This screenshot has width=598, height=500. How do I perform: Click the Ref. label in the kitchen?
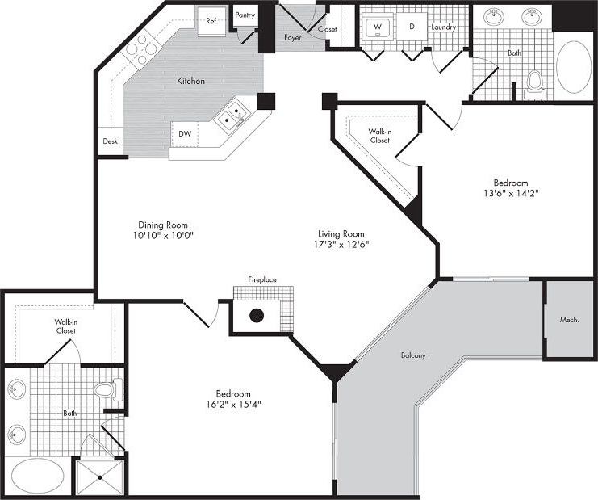[211, 22]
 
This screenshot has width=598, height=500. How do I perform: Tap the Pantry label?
[245, 15]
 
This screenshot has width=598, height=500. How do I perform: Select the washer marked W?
[375, 27]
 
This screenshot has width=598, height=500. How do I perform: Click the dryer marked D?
[411, 27]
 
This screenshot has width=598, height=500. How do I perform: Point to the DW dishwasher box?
[186, 134]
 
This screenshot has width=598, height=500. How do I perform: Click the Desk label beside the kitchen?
[110, 141]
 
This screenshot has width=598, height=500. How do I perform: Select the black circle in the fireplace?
[257, 316]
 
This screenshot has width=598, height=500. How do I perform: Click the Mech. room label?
[570, 320]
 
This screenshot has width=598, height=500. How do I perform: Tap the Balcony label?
[412, 355]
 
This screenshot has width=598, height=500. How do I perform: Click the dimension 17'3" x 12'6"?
[342, 244]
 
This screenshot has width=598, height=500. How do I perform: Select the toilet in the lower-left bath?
[106, 392]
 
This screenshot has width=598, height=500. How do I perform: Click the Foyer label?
[293, 38]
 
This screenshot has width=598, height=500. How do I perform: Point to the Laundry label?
[444, 27]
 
